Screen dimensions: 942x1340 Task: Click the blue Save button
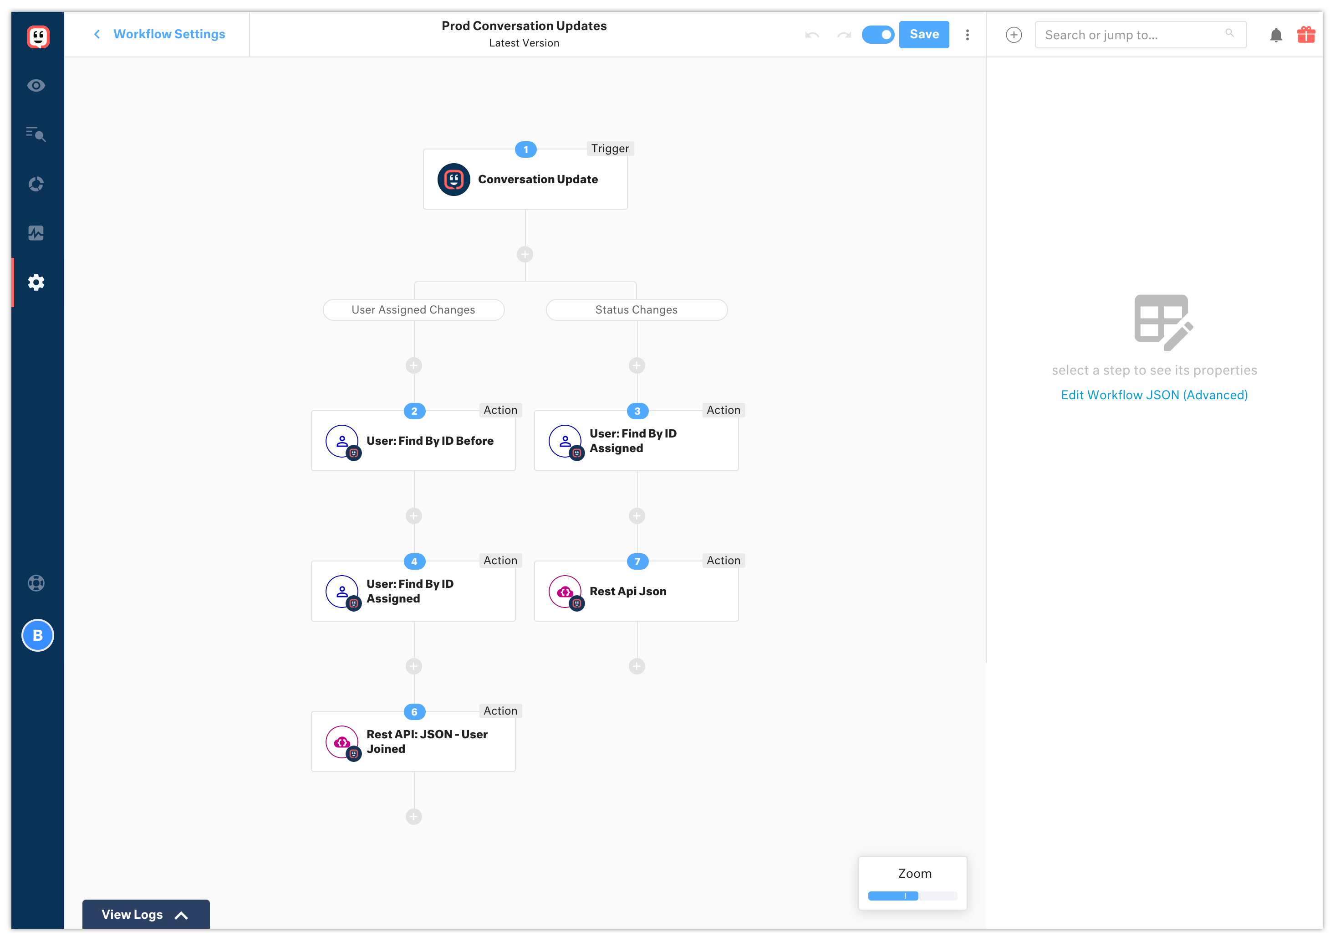coord(923,35)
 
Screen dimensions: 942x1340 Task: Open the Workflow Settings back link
coord(168,35)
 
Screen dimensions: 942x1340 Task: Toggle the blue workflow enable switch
coord(877,35)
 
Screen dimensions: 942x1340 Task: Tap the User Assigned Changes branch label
coord(413,310)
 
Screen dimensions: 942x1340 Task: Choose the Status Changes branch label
coord(636,310)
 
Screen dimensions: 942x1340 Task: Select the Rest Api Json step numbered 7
coord(636,592)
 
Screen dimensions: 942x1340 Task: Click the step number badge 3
coord(637,411)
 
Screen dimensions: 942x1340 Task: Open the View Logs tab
coord(145,915)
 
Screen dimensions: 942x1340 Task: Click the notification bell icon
coord(1276,35)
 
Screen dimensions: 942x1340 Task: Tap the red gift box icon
coord(1305,35)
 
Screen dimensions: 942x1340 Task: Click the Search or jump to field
coord(1132,35)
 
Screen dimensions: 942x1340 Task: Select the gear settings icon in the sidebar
coord(36,283)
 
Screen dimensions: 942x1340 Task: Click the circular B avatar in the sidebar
coord(38,635)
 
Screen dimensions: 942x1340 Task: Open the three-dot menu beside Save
coord(967,35)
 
